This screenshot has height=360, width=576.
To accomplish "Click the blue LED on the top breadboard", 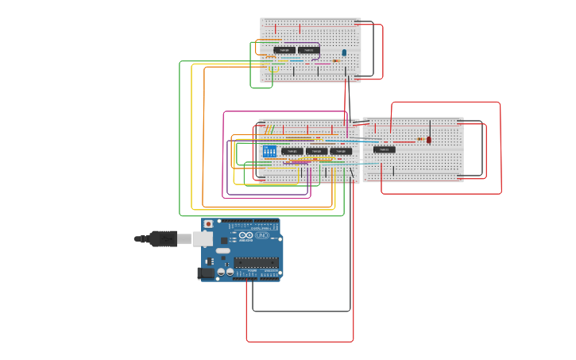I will point(344,52).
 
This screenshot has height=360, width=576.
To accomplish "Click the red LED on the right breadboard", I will point(429,140).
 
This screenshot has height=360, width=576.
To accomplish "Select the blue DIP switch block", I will point(269,151).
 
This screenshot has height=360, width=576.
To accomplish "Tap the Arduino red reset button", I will point(209,225).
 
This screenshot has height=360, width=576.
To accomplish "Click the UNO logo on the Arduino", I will point(262,235).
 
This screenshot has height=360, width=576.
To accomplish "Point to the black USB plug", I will point(163,238).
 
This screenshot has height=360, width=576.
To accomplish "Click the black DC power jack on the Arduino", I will point(207,273).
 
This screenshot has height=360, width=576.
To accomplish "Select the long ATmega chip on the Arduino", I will point(256,262).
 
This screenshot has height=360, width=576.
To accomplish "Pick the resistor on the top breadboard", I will point(335,60).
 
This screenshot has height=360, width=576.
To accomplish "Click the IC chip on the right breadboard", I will point(385,149).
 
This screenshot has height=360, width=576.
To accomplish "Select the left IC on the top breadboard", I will point(284,50).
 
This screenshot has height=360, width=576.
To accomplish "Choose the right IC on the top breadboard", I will point(309,50).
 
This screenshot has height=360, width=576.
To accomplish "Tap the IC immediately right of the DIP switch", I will point(292,151).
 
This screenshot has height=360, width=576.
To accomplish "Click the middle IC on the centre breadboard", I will point(316,151).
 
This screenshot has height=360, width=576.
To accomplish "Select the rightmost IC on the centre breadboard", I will point(341,151).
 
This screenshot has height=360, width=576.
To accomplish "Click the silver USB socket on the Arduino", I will point(203,238).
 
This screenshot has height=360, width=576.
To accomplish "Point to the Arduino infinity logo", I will point(245,235).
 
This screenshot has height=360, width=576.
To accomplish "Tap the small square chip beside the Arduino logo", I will point(224,239).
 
